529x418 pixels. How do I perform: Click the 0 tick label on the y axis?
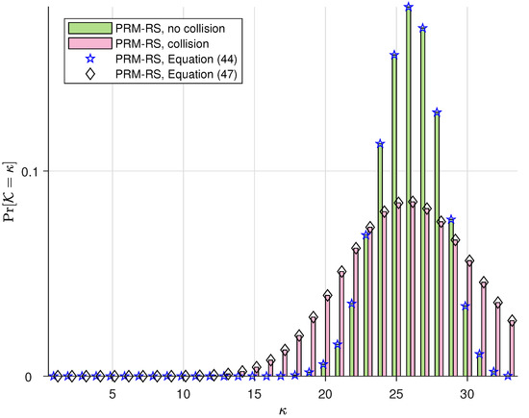pyautogui.click(x=39, y=377)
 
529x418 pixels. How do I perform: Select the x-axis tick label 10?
pyautogui.click(x=183, y=394)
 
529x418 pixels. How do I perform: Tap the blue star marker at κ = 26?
pyautogui.click(x=409, y=7)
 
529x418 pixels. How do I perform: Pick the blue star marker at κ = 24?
pyautogui.click(x=380, y=144)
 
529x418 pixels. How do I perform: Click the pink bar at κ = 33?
pyautogui.click(x=512, y=351)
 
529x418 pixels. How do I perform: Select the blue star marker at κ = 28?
pyautogui.click(x=437, y=112)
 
